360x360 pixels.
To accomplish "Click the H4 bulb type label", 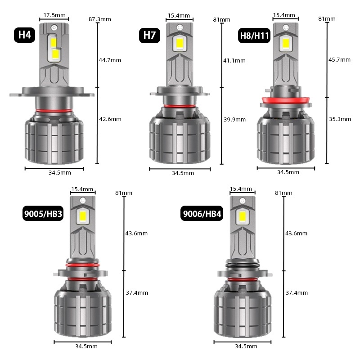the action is [25, 35].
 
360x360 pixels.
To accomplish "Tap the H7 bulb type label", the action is [149, 36].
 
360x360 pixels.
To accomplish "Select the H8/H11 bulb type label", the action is [254, 36].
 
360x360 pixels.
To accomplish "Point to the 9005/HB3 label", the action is [43, 213].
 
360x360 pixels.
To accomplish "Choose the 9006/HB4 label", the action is [202, 213].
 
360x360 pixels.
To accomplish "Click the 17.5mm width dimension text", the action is [54, 15].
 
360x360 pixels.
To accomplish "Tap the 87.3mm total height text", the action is [100, 19].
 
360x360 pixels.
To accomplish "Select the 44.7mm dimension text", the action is [110, 60].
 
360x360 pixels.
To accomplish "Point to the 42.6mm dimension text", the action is [110, 119].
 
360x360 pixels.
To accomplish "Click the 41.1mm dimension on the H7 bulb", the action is [234, 61].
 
